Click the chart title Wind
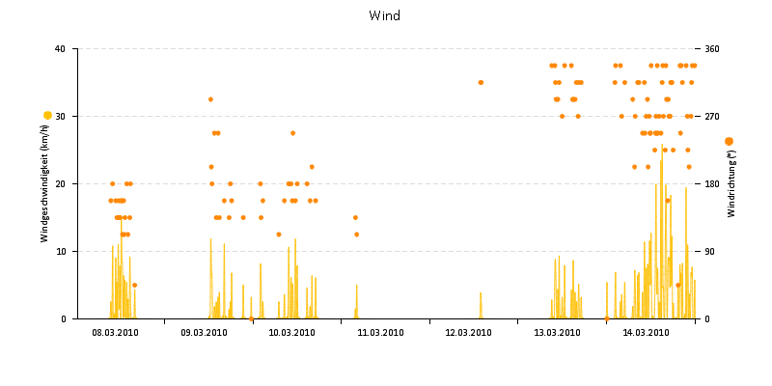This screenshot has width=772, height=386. (x=385, y=15)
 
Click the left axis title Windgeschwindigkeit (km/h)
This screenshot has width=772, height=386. (x=45, y=184)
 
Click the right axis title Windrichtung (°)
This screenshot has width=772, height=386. (x=731, y=183)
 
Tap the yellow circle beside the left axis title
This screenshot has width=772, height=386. (x=47, y=116)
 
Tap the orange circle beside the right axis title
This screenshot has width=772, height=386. (x=729, y=141)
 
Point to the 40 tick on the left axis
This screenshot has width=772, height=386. (x=60, y=48)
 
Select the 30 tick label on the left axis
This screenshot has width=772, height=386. (x=60, y=116)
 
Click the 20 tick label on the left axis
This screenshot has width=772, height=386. (x=60, y=183)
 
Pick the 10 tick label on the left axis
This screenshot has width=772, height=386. (x=60, y=251)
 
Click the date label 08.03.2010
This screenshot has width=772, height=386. (x=115, y=333)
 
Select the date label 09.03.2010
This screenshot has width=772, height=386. (x=204, y=333)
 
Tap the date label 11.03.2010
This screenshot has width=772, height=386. (x=380, y=333)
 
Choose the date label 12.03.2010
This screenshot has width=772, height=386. (x=469, y=333)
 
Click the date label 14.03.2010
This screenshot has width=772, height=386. (x=646, y=333)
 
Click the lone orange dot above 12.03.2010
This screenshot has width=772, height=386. (x=481, y=82)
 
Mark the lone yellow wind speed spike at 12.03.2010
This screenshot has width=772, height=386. (x=481, y=305)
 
